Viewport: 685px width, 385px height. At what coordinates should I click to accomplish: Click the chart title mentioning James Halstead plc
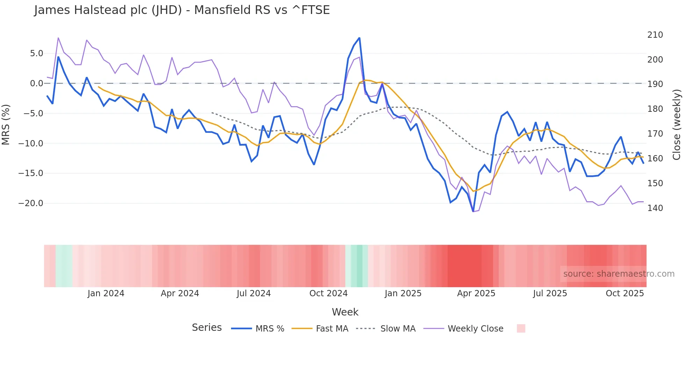[x=182, y=10]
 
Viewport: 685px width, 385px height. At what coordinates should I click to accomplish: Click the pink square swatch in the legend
[x=521, y=328]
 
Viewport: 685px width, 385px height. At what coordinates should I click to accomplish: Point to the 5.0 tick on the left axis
[x=36, y=53]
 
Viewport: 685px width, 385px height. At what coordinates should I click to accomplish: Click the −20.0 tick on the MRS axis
[x=31, y=203]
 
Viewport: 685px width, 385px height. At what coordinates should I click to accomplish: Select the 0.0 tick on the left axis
[x=36, y=83]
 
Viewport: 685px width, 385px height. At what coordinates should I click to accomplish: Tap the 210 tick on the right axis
[x=655, y=35]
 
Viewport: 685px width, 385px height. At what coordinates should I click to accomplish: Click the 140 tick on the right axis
[x=655, y=208]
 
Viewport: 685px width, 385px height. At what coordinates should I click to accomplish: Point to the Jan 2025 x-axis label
[x=403, y=293]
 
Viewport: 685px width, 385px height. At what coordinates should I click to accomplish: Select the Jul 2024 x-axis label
[x=254, y=293]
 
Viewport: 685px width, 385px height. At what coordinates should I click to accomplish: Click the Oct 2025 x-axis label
[x=625, y=293]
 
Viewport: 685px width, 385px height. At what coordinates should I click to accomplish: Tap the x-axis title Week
[x=345, y=312]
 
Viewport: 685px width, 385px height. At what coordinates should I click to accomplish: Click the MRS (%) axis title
[x=6, y=125]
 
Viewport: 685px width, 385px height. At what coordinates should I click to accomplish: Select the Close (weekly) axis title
[x=677, y=125]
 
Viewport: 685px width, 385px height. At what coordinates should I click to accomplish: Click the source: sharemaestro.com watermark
[x=619, y=274]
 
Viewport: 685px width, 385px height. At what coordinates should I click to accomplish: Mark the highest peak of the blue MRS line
[x=359, y=38]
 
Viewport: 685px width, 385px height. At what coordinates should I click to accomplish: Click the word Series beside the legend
[x=207, y=328]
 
